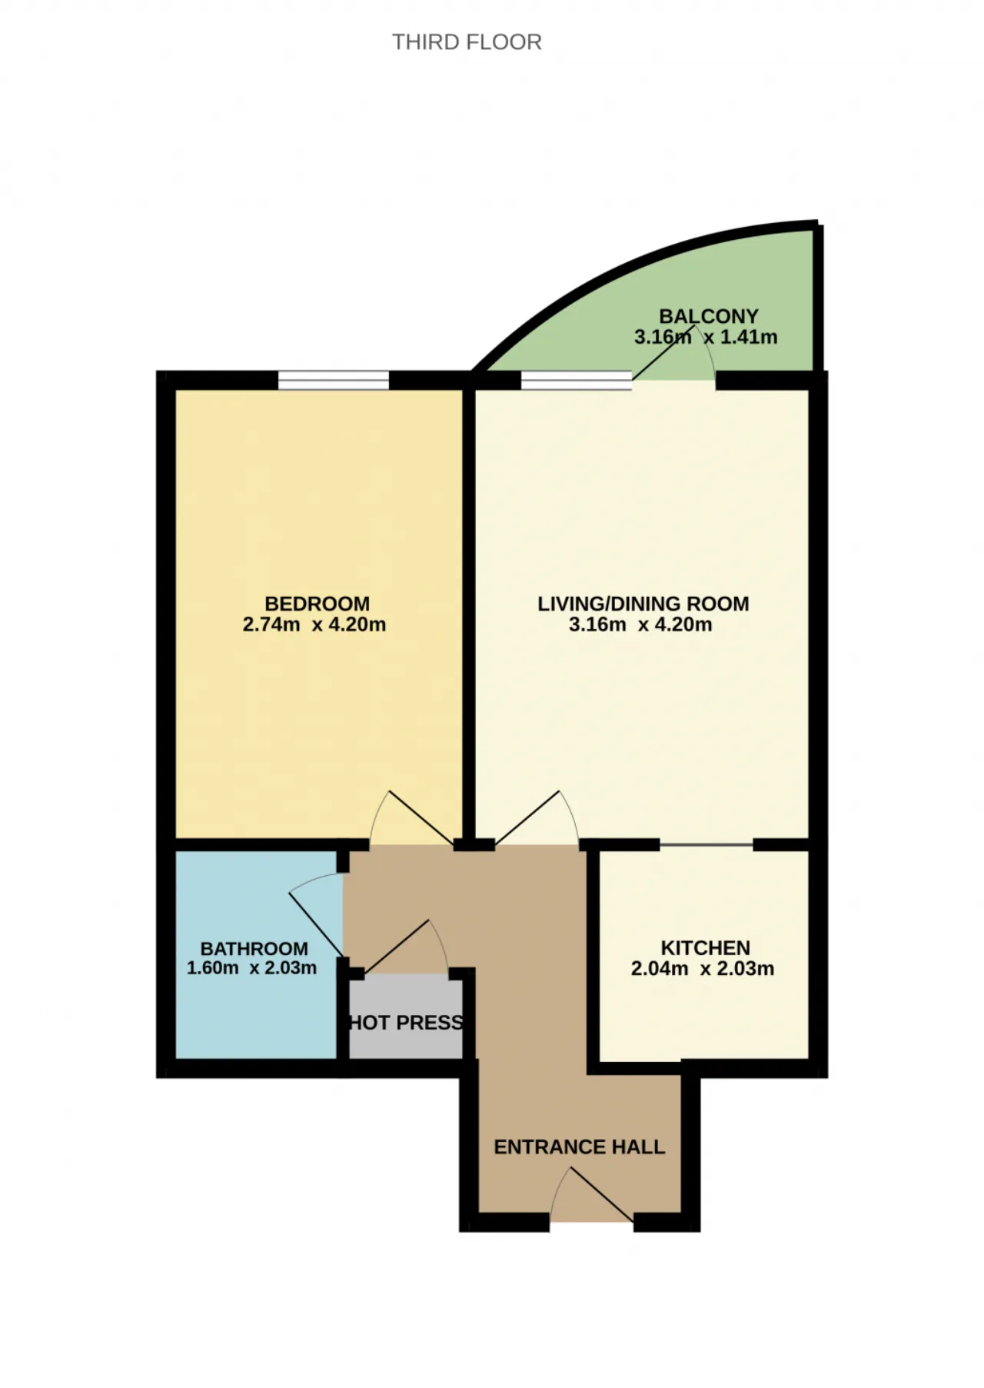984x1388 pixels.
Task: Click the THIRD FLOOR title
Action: point(467,42)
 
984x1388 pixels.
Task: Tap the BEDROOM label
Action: point(317,604)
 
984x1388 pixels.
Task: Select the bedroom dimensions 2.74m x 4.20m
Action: point(314,624)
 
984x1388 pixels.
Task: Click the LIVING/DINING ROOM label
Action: point(643,604)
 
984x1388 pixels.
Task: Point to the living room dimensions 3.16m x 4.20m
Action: point(640,624)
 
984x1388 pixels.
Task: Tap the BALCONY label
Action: point(709,316)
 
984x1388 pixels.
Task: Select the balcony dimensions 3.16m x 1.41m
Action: point(706,337)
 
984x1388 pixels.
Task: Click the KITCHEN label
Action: point(705,948)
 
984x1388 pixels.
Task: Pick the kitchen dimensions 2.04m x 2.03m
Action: point(703,969)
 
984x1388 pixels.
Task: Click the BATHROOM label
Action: point(254,949)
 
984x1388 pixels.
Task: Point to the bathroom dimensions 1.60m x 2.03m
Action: point(251,968)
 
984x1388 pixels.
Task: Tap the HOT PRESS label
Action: point(406,1023)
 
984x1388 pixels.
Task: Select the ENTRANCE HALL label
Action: point(579,1147)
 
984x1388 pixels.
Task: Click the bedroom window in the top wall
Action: point(334,380)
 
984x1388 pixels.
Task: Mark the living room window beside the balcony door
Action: point(577,380)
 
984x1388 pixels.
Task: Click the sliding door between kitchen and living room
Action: point(706,845)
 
